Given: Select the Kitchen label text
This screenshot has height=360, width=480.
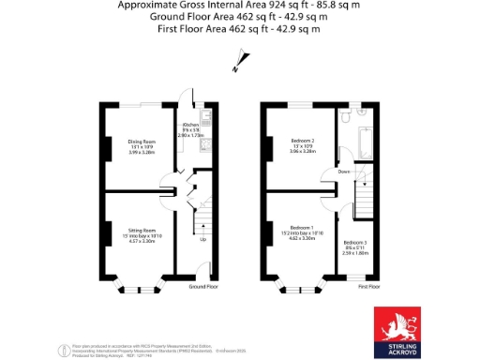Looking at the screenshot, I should pyautogui.click(x=190, y=124).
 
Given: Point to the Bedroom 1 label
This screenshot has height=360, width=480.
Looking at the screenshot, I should pyautogui.click(x=302, y=228).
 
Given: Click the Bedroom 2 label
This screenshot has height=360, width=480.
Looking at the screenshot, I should pyautogui.click(x=302, y=142).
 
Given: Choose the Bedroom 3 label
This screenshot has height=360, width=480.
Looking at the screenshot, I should pyautogui.click(x=354, y=243).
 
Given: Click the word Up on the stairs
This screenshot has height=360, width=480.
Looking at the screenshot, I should pyautogui.click(x=203, y=239).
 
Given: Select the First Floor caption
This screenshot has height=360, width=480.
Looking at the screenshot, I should pyautogui.click(x=367, y=286).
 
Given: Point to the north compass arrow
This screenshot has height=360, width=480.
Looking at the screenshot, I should pyautogui.click(x=237, y=65).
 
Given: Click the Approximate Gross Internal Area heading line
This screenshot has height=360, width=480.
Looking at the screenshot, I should pyautogui.click(x=240, y=5).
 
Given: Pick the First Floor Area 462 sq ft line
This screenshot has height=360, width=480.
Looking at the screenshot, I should pyautogui.click(x=240, y=29).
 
